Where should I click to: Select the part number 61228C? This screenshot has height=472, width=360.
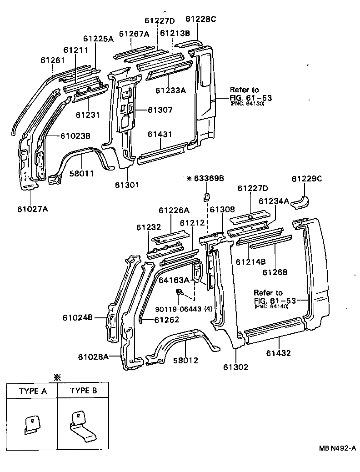click(x=200, y=19)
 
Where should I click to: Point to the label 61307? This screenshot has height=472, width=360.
click(x=160, y=110)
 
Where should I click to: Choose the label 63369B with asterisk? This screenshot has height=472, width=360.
click(x=205, y=179)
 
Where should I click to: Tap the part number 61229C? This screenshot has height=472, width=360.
click(x=306, y=179)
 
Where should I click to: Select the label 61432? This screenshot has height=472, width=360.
click(x=279, y=353)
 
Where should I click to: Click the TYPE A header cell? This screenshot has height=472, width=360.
click(x=32, y=391)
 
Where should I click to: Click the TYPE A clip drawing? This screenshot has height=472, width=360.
click(x=31, y=425)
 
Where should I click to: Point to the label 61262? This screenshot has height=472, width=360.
click(x=166, y=320)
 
